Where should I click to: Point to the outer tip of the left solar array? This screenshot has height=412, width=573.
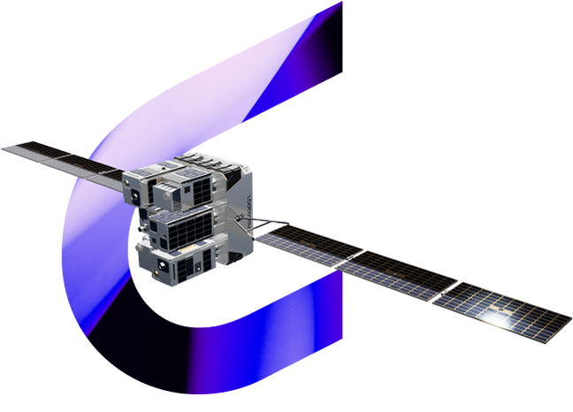click(4, 145)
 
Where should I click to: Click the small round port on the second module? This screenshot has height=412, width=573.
click(165, 194)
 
